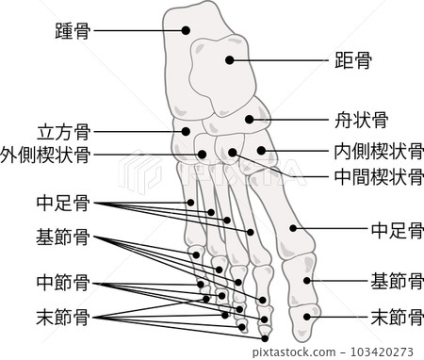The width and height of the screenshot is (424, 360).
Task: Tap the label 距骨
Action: tap(352, 63)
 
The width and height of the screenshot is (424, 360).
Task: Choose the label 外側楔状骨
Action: tap(46, 154)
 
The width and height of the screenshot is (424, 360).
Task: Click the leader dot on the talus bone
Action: tap(229, 62)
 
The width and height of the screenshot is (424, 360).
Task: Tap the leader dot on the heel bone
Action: tap(184, 31)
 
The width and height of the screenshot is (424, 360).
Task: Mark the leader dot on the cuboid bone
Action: tap(188, 132)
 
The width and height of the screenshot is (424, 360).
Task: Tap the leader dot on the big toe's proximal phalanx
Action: tap(307, 280)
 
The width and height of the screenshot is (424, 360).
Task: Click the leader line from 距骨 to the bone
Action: tap(273, 63)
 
